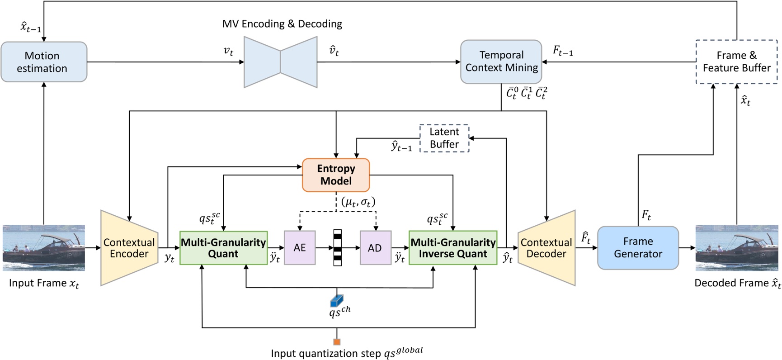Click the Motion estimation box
pyautogui.click(x=44, y=62)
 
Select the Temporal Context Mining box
pyautogui.click(x=501, y=62)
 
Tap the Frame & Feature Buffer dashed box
pyautogui.click(x=736, y=62)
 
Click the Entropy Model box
pyautogui.click(x=336, y=175)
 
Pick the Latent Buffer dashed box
pyautogui.click(x=444, y=138)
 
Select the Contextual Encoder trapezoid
pyautogui.click(x=129, y=248)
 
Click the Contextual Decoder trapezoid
pyautogui.click(x=546, y=248)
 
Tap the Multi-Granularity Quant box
pyautogui.click(x=223, y=248)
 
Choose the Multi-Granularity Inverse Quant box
pyautogui.click(x=453, y=248)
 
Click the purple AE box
pyautogui.click(x=299, y=248)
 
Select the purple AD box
pyautogui.click(x=375, y=248)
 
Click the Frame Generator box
pyautogui.click(x=638, y=248)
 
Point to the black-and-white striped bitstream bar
pyautogui.click(x=337, y=248)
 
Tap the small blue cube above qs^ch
pyautogui.click(x=336, y=300)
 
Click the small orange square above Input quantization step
pyautogui.click(x=337, y=342)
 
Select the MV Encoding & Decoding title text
pyautogui.click(x=282, y=24)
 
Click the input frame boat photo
pyautogui.click(x=44, y=248)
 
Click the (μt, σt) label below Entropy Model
pyautogui.click(x=358, y=202)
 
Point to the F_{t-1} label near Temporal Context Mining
pyautogui.click(x=563, y=51)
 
